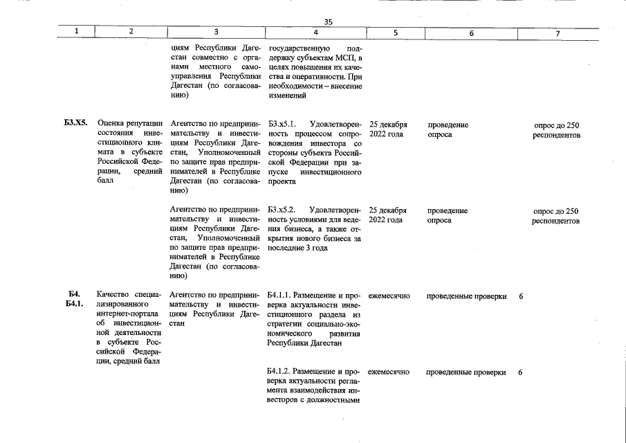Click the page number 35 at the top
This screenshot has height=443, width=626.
329,21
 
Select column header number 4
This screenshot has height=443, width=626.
315,33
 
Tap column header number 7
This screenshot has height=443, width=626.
558,33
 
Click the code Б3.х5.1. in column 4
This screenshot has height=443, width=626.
282,125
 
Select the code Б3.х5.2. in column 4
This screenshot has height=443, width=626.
282,210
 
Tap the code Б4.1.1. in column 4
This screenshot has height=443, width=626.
281,296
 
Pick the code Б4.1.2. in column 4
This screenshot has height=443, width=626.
281,372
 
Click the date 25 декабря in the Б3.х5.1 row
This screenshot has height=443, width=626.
388,125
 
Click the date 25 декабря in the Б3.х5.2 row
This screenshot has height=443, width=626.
388,210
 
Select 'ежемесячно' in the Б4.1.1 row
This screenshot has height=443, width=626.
389,296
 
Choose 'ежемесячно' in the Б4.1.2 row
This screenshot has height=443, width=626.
389,372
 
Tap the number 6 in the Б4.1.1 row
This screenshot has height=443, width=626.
520,296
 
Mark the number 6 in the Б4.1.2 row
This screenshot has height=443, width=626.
520,372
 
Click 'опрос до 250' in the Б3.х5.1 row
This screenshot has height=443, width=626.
557,125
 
